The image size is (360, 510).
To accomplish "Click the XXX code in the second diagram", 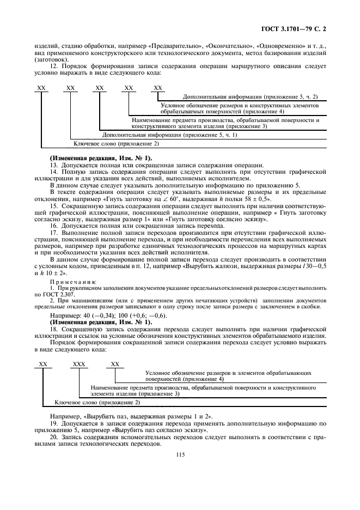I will (80, 363).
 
